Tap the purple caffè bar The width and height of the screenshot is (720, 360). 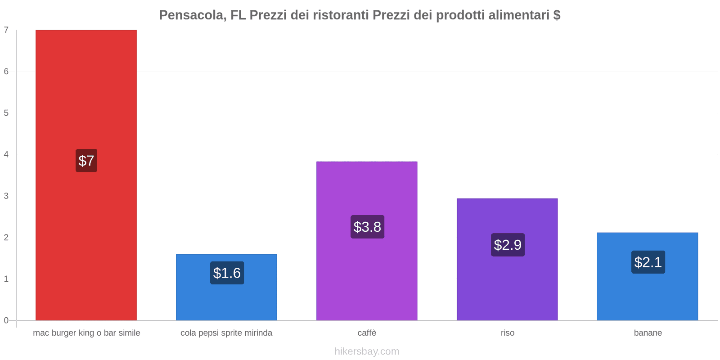[367, 189]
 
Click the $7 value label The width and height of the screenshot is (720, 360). [86, 161]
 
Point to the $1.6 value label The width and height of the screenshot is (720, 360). [227, 273]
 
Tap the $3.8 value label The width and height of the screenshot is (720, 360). [367, 227]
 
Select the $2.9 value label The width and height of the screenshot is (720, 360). [508, 245]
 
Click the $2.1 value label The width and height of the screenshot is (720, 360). [648, 262]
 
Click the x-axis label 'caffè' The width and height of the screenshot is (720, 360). [367, 333]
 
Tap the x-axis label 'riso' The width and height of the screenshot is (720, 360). [507, 333]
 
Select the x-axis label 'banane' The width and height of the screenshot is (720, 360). [648, 333]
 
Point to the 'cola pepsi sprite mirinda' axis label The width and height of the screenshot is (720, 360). [226, 333]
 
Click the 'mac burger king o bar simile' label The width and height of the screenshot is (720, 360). [86, 333]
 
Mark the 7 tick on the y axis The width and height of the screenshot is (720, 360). [6, 30]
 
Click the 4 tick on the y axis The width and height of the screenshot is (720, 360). [6, 154]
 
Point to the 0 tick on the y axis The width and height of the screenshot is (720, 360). [6, 320]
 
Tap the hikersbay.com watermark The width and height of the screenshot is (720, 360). [367, 351]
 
